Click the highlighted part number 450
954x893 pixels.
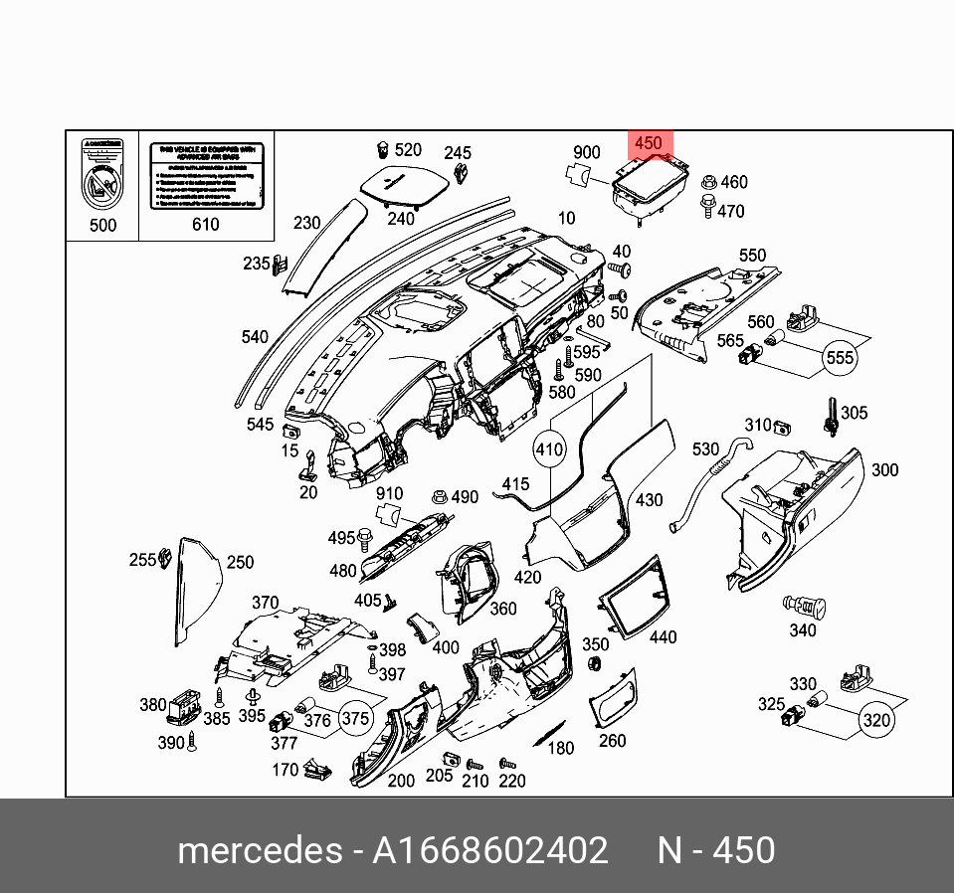(x=648, y=144)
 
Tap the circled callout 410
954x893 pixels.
(x=549, y=449)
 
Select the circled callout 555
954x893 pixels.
(x=841, y=357)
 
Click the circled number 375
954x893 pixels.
(x=355, y=718)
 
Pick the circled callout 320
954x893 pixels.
(x=876, y=720)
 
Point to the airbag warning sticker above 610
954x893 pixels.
(x=206, y=176)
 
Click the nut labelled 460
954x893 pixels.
(x=709, y=183)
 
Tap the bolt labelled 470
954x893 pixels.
(x=707, y=207)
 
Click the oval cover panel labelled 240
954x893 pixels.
(x=402, y=185)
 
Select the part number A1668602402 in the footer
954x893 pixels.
(x=489, y=851)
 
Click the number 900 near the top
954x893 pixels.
(x=587, y=152)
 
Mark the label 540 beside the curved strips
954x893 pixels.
(x=255, y=337)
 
